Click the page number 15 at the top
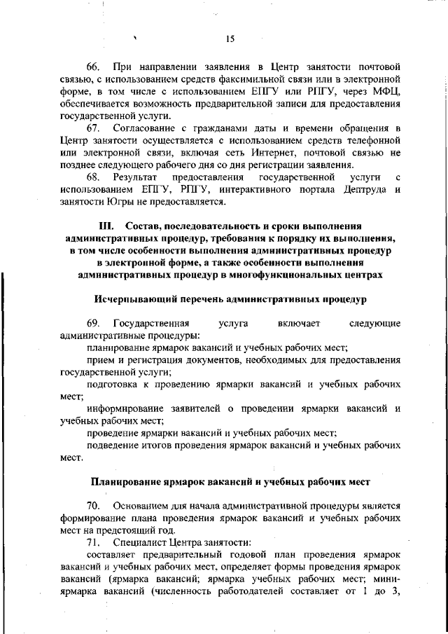pos(230,39)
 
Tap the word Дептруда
pos(358,190)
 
